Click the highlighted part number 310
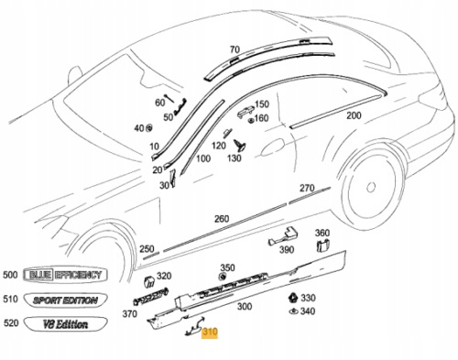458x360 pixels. coord(210,333)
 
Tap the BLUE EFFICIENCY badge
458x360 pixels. coord(65,275)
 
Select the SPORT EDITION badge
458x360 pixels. coord(65,300)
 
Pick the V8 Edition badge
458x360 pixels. coord(65,324)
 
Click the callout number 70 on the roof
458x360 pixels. coord(234,49)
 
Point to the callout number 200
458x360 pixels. coord(354,115)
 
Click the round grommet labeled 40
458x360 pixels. coord(149,128)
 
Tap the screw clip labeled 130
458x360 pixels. coord(240,145)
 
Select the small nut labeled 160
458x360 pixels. coord(251,120)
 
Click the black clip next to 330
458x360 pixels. coord(293,298)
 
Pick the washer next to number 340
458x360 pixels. coord(293,311)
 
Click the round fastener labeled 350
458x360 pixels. coord(223,278)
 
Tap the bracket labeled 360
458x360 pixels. coord(322,245)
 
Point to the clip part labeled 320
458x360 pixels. coord(149,281)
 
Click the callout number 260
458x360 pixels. coord(222,219)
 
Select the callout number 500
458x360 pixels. coord(10,275)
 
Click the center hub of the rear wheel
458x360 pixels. coord(371,187)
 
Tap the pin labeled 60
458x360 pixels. coord(169,98)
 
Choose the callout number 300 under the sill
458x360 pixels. coord(245,306)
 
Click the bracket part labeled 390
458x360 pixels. coord(283,236)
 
